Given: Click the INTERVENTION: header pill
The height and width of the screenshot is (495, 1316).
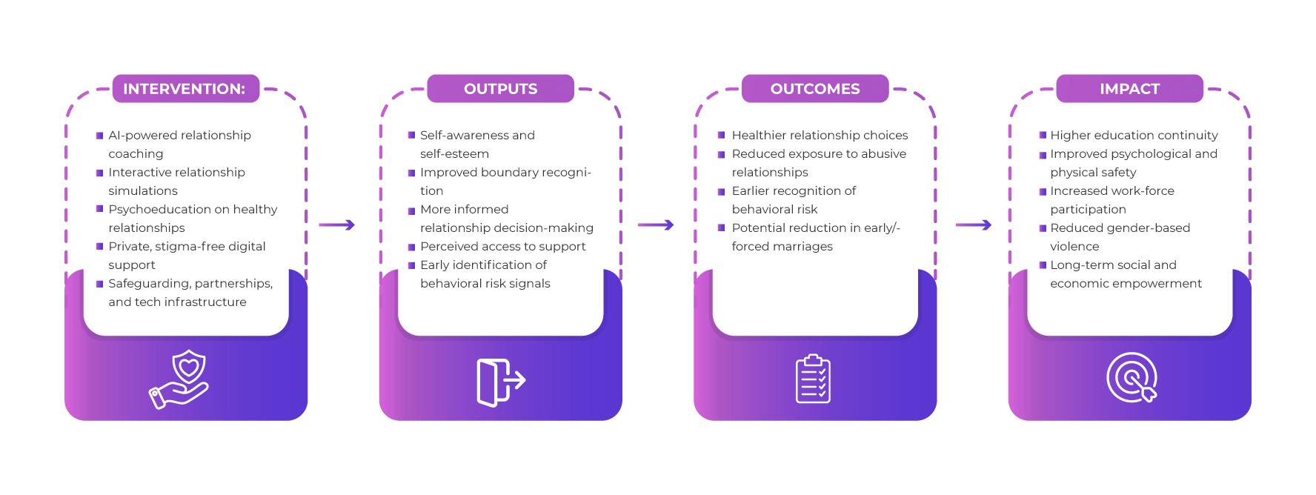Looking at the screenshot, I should [x=185, y=89].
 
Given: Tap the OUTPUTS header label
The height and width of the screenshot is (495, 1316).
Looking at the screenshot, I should [x=500, y=89].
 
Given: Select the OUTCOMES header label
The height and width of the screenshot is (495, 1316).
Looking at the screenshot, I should [x=814, y=89].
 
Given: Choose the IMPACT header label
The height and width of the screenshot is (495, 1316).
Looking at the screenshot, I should [x=1129, y=89].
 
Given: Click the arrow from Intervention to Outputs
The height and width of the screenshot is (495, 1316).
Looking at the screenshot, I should [x=336, y=225].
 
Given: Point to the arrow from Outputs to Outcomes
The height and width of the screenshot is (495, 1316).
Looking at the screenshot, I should [x=655, y=225].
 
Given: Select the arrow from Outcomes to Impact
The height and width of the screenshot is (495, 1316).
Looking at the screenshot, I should [x=973, y=225].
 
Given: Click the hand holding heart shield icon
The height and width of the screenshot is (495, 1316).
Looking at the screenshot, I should [x=180, y=379].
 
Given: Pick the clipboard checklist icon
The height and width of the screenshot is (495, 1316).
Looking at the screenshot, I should [x=813, y=379].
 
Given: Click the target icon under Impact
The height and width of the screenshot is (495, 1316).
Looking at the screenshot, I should [x=1131, y=377].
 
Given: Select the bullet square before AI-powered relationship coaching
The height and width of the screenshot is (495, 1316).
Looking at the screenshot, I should [x=99, y=136].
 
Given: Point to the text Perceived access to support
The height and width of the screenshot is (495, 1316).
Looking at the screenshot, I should [x=502, y=247].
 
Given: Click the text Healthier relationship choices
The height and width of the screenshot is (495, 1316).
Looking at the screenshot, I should [x=820, y=136].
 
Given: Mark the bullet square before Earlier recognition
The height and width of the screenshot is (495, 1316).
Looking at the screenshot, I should [x=721, y=191].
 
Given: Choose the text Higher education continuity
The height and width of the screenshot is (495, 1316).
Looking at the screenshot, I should [x=1134, y=136].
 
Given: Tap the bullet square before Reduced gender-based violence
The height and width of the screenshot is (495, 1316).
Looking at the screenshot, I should [x=1043, y=228].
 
